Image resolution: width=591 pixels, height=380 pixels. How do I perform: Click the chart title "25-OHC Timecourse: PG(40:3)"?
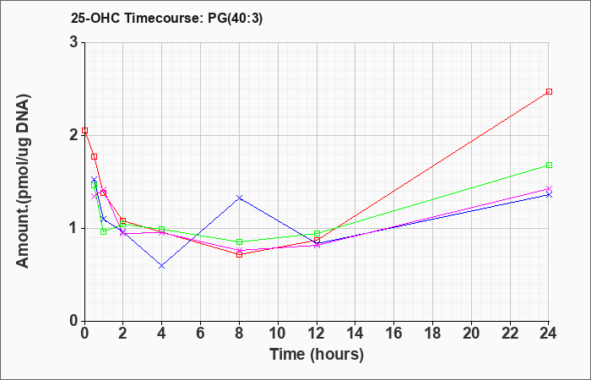[x=166, y=18]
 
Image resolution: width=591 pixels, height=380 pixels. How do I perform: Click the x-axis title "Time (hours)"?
[x=317, y=355]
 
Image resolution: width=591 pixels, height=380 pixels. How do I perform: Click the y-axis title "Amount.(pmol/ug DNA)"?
[x=24, y=181]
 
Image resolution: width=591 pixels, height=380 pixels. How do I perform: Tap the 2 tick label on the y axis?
[x=73, y=135]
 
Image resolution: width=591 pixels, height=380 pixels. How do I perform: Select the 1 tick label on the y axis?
[x=74, y=229]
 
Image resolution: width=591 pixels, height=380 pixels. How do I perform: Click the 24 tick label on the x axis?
[x=549, y=334]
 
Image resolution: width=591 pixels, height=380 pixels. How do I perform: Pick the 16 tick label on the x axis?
[x=394, y=334]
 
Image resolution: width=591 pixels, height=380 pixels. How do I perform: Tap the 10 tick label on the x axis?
[x=278, y=334]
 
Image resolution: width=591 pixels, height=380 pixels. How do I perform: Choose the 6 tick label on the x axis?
[x=201, y=334]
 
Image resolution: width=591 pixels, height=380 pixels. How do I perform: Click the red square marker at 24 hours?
[x=549, y=91]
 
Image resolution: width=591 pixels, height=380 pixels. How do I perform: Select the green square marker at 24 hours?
[x=549, y=166]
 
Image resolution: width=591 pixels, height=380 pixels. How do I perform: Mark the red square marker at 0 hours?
[x=84, y=130]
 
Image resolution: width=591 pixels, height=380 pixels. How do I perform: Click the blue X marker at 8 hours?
[x=239, y=198]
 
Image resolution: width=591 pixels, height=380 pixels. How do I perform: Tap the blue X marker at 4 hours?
[x=162, y=266]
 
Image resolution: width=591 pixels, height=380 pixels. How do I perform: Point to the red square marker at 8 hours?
[x=239, y=254]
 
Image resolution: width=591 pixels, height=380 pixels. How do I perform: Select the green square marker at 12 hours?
[x=317, y=233]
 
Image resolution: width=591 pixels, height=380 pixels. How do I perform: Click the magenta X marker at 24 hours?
[x=549, y=188]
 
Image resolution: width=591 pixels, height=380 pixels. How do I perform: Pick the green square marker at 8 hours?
[x=239, y=242]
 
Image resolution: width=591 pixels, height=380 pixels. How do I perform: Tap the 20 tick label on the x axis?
[x=471, y=334]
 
